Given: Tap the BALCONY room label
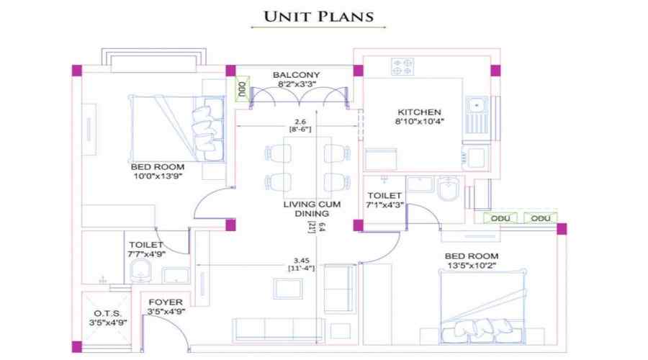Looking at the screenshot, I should coord(296,75).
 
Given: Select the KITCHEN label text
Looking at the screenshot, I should coord(418,112).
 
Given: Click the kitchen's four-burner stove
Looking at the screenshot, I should coord(402,66).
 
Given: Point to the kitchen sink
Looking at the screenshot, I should coord(476,107).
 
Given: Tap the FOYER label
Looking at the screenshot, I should coord(166,302).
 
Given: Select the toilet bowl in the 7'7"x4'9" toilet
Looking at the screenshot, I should coord(140,272).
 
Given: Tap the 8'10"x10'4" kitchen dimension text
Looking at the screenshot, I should coord(418,122).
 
